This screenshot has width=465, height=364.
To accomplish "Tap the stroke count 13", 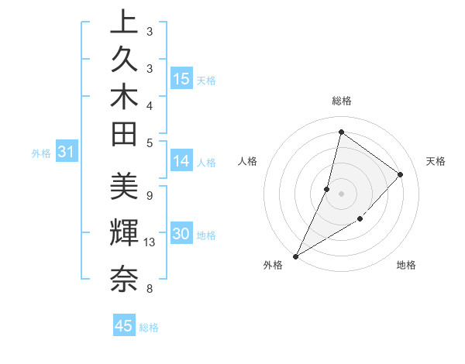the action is pos(150,242).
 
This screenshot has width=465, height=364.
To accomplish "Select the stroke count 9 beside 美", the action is pos(149,195).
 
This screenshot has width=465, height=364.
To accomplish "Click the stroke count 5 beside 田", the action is pos(149,142).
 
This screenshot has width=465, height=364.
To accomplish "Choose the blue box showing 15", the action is pos(181,79).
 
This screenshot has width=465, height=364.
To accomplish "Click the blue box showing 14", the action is pos(181,162).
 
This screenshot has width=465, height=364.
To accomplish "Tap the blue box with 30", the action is pos(181,235).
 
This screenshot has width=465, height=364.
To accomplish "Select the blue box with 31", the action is pos(67,153).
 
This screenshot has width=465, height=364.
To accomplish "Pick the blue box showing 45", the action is pos(124,326).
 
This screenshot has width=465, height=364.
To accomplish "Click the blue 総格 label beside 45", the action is pos(149,328).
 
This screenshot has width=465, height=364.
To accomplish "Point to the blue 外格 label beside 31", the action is pos(41,153).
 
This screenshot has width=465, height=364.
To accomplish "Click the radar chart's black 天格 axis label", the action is pos(436,161).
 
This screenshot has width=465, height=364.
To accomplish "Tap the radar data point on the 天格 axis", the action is pos(401,174).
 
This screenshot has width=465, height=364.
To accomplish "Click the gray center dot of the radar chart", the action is pos(341,193).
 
